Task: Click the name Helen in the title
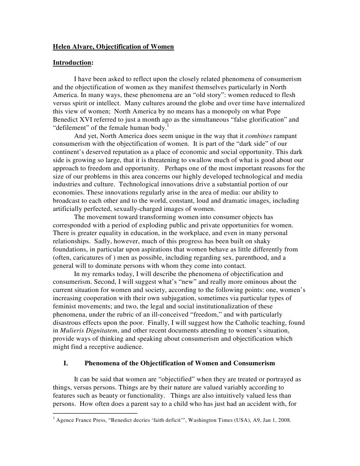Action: point(62,46)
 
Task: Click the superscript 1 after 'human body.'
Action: point(167,126)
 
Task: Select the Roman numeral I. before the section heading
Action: point(66,363)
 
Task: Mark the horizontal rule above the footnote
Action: point(95,413)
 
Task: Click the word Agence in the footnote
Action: point(66,420)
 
